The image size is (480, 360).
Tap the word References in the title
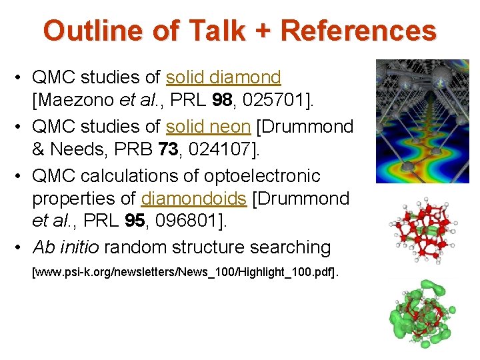(x=358, y=31)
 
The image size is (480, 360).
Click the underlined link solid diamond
(x=223, y=78)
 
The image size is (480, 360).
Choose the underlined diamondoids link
(x=188, y=199)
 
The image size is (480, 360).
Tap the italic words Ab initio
(x=65, y=247)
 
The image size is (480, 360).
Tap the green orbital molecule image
(x=421, y=313)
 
